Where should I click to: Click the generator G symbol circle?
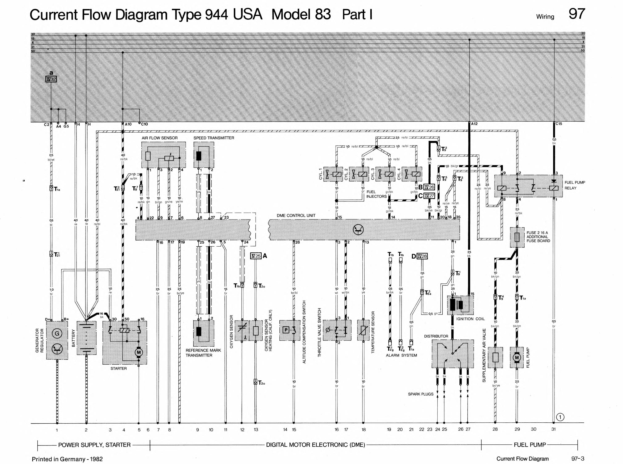[57, 333]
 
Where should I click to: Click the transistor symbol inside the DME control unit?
[358, 230]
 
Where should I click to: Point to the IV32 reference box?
[51, 79]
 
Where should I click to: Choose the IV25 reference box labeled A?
[256, 256]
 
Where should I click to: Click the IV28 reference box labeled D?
[422, 256]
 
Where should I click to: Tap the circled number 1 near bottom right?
[560, 417]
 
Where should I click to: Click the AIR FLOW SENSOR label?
[159, 138]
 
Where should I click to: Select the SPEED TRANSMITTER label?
[214, 138]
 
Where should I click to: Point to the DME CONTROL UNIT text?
[296, 216]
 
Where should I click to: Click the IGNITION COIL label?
[470, 319]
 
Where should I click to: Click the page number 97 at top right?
[577, 14]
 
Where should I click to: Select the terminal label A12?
[474, 124]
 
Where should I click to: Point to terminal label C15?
[559, 124]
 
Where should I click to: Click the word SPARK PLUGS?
[421, 394]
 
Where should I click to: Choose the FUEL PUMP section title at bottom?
[530, 445]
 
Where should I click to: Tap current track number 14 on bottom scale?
[285, 430]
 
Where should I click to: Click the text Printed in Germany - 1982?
[67, 459]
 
